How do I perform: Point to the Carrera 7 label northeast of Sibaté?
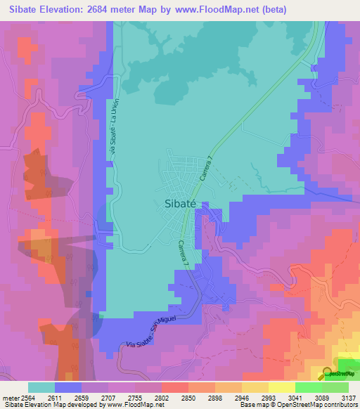[205, 169]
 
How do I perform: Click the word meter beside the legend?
[10, 397]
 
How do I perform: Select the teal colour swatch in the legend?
[41, 387]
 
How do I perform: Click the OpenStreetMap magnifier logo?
[328, 373]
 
